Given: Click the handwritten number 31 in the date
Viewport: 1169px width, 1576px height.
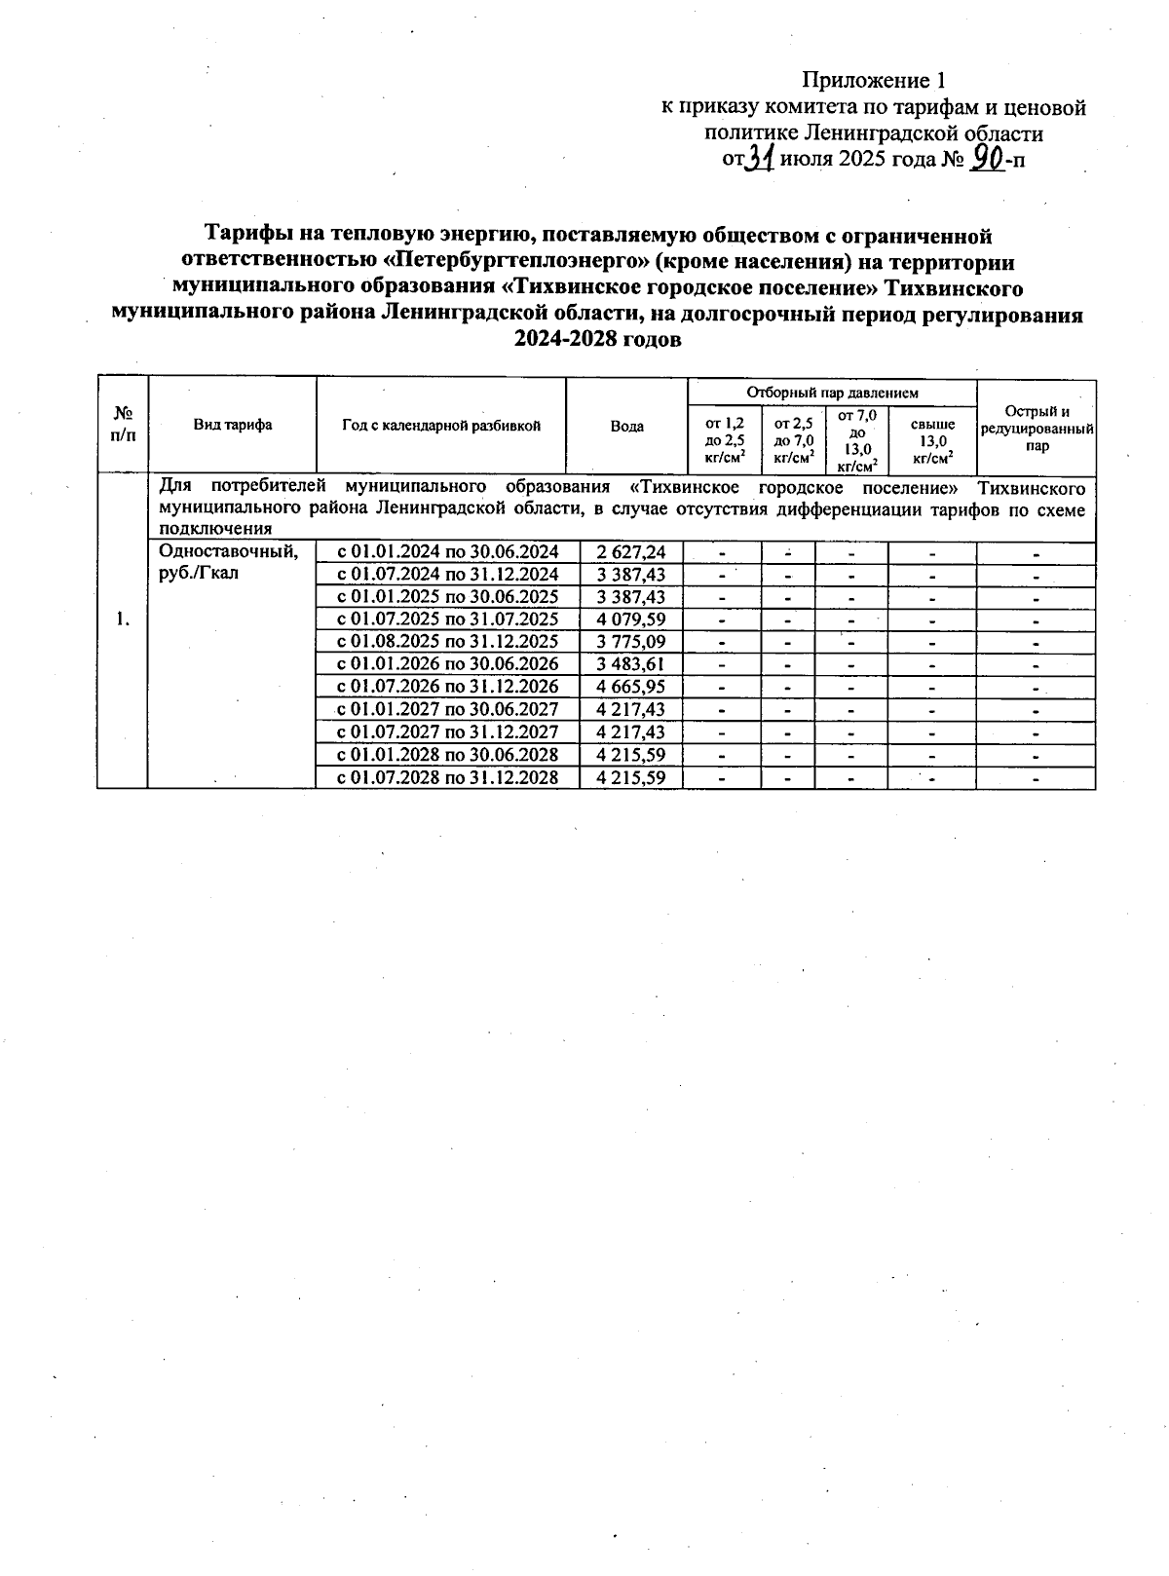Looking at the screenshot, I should click(x=759, y=157).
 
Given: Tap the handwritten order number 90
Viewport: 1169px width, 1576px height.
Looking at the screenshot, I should click(x=988, y=157).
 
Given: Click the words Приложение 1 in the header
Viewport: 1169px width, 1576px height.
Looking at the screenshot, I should click(x=874, y=80).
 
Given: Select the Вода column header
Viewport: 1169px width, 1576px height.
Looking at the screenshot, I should click(x=626, y=426).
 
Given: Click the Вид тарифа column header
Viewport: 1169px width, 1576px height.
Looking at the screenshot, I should click(x=232, y=425).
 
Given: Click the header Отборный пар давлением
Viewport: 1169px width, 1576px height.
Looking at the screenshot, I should click(x=832, y=393).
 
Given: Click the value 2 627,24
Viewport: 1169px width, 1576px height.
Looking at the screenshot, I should click(x=631, y=552).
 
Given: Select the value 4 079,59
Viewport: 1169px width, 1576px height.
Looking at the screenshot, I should click(x=631, y=619).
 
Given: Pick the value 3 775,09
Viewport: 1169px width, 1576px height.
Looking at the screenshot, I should click(x=631, y=642).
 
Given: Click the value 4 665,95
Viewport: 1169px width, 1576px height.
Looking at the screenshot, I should click(x=631, y=687).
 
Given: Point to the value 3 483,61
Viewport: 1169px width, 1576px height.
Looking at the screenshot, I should click(x=631, y=664).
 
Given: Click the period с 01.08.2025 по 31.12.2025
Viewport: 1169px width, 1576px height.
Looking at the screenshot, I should click(x=447, y=642).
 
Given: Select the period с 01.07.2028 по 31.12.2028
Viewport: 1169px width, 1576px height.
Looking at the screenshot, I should click(x=447, y=777).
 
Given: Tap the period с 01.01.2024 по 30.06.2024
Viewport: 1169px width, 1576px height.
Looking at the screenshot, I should click(x=447, y=552).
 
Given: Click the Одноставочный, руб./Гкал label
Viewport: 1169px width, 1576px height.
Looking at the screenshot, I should click(x=228, y=562).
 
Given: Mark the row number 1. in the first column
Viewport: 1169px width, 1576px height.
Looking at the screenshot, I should click(x=122, y=619).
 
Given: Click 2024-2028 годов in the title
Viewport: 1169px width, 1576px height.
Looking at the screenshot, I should click(x=597, y=341).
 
